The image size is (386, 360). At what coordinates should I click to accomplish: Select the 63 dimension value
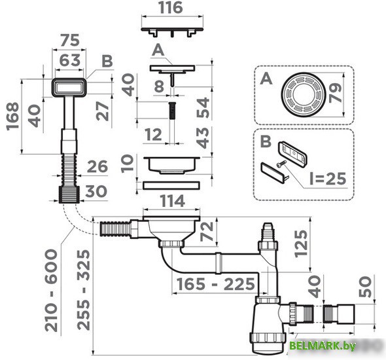point(69,60)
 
